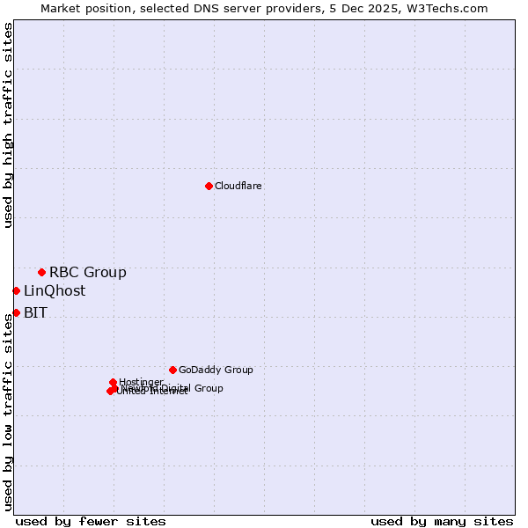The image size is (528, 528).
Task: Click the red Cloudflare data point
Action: pyautogui.click(x=209, y=186)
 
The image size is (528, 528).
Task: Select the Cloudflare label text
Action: pyautogui.click(x=238, y=186)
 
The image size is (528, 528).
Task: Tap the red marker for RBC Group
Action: pyautogui.click(x=41, y=272)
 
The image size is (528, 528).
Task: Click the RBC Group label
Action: pyautogui.click(x=88, y=272)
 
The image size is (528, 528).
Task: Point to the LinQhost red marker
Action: pyautogui.click(x=16, y=290)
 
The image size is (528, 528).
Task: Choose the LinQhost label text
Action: pyautogui.click(x=55, y=290)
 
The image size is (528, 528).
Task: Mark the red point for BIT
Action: pyautogui.click(x=16, y=312)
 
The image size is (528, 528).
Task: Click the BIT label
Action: pyautogui.click(x=35, y=312)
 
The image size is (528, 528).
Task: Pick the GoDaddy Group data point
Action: pyautogui.click(x=172, y=370)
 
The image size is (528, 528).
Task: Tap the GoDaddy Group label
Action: pyautogui.click(x=216, y=370)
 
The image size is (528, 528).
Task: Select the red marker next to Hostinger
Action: pyautogui.click(x=113, y=382)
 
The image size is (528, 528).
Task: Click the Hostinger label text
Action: pyautogui.click(x=142, y=382)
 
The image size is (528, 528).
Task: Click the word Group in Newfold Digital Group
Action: pyautogui.click(x=208, y=388)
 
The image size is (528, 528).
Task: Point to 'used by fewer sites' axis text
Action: pyautogui.click(x=91, y=521)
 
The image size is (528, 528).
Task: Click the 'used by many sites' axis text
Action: pyautogui.click(x=442, y=521)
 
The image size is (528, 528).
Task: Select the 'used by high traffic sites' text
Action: pyautogui.click(x=8, y=125)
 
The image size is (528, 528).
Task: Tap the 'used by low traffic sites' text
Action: pyautogui.click(x=8, y=411)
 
